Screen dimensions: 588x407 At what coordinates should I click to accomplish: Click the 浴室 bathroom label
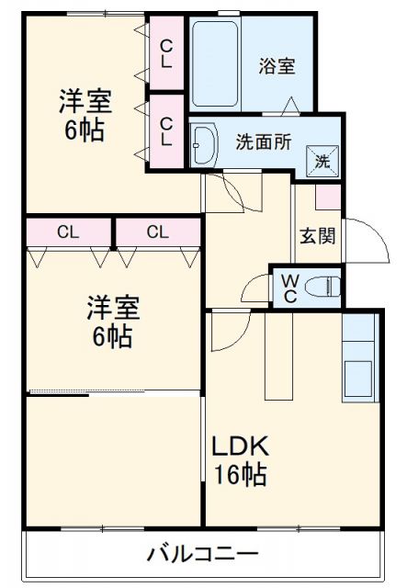[x=276, y=66]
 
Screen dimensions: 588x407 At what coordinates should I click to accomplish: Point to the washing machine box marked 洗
[x=323, y=158]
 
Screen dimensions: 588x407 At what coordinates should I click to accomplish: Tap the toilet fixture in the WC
[x=321, y=284]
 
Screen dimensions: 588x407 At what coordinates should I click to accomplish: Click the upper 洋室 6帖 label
[x=83, y=113]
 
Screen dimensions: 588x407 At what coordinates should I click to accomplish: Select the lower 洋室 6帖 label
[x=109, y=321]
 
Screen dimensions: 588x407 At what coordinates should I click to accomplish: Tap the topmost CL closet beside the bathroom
[x=166, y=53]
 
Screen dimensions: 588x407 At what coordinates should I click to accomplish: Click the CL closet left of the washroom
[x=166, y=130]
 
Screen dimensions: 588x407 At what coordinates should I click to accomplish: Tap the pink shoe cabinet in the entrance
[x=327, y=197]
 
